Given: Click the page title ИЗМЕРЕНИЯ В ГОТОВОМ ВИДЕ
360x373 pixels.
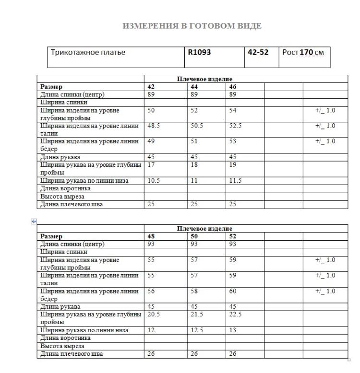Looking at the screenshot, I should coord(192,26).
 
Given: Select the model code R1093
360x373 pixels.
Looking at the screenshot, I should coord(198,52).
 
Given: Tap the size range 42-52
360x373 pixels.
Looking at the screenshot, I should coord(258,52).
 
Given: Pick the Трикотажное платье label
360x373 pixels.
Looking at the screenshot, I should coord(88,52).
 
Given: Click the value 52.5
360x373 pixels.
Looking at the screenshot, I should coord(235,126).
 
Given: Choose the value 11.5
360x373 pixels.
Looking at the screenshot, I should coord(235,181).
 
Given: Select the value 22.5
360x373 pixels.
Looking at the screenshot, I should coord(235,315).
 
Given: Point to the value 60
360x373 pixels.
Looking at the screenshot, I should coord(233,291).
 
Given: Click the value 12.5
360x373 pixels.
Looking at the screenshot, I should coord(194,330).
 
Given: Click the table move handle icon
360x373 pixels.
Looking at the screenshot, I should coord(34,221).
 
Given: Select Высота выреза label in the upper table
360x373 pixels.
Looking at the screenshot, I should coord(62,197).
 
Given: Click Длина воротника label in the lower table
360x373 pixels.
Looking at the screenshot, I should coord(65,338).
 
